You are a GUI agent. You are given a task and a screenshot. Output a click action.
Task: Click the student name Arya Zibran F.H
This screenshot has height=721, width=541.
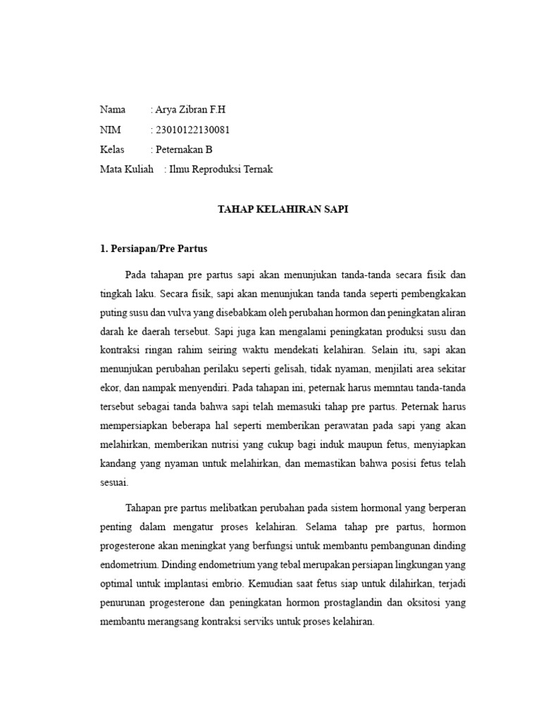click(x=191, y=110)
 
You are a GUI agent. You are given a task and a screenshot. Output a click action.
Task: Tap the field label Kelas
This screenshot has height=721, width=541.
click(x=112, y=149)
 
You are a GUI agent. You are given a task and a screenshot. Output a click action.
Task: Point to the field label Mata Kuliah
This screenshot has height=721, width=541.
click(x=127, y=169)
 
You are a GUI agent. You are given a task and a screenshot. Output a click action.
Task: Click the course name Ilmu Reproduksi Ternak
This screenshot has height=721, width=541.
click(x=220, y=169)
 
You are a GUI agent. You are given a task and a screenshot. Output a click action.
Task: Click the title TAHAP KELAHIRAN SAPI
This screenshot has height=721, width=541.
click(x=282, y=209)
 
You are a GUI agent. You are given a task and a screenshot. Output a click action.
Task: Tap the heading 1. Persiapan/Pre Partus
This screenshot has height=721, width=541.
click(x=154, y=249)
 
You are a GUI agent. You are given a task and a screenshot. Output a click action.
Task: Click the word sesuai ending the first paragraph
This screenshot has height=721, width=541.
click(x=113, y=484)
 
